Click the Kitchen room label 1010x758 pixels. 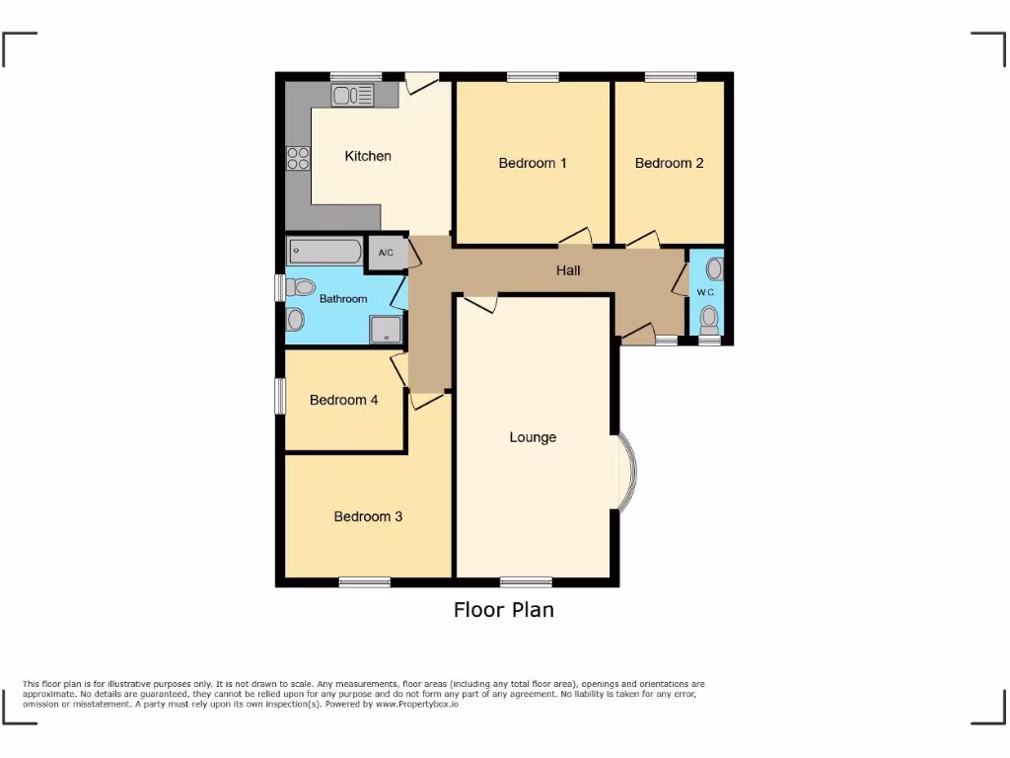coord(368,156)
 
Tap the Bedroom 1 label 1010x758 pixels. coord(533,163)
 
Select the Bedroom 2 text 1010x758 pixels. coord(669,163)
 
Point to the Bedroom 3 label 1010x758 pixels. coord(368,516)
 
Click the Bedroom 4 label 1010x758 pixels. coord(344,400)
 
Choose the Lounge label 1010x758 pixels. coord(533,437)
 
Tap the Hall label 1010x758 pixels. coord(568,270)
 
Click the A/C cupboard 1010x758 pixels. coord(386,253)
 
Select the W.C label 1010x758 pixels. coord(705,292)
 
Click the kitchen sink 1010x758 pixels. coord(353,95)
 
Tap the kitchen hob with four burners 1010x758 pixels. coord(298,158)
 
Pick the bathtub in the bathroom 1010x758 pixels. coord(325,251)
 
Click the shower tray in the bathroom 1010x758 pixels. coord(387,330)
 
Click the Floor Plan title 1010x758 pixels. coord(504,610)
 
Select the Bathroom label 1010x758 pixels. coord(343,299)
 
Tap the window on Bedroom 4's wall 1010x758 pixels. coord(280,396)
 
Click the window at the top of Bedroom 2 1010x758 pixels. coord(671,76)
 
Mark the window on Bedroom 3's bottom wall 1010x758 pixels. coord(366,582)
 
